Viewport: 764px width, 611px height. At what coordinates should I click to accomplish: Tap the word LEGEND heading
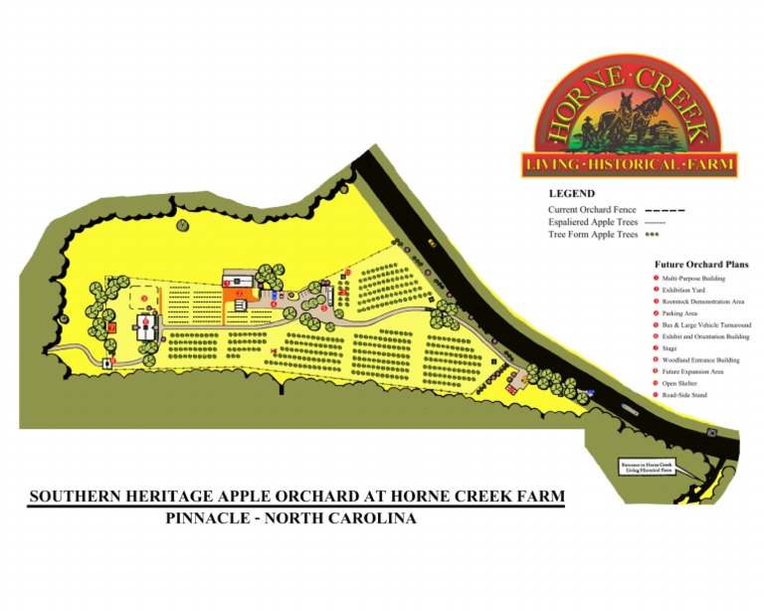tap(571, 193)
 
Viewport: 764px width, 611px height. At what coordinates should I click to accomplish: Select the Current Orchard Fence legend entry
tap(592, 210)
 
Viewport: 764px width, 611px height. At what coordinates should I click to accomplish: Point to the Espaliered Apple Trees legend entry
tap(593, 222)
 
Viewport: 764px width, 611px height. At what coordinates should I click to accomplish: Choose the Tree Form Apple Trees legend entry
tap(593, 235)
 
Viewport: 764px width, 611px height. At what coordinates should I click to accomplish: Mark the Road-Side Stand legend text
tap(688, 395)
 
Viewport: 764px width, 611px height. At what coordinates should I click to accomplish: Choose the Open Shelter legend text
tap(684, 383)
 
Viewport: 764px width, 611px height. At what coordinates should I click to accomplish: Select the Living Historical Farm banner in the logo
tap(629, 162)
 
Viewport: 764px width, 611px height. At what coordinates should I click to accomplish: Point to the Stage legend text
tap(676, 348)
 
